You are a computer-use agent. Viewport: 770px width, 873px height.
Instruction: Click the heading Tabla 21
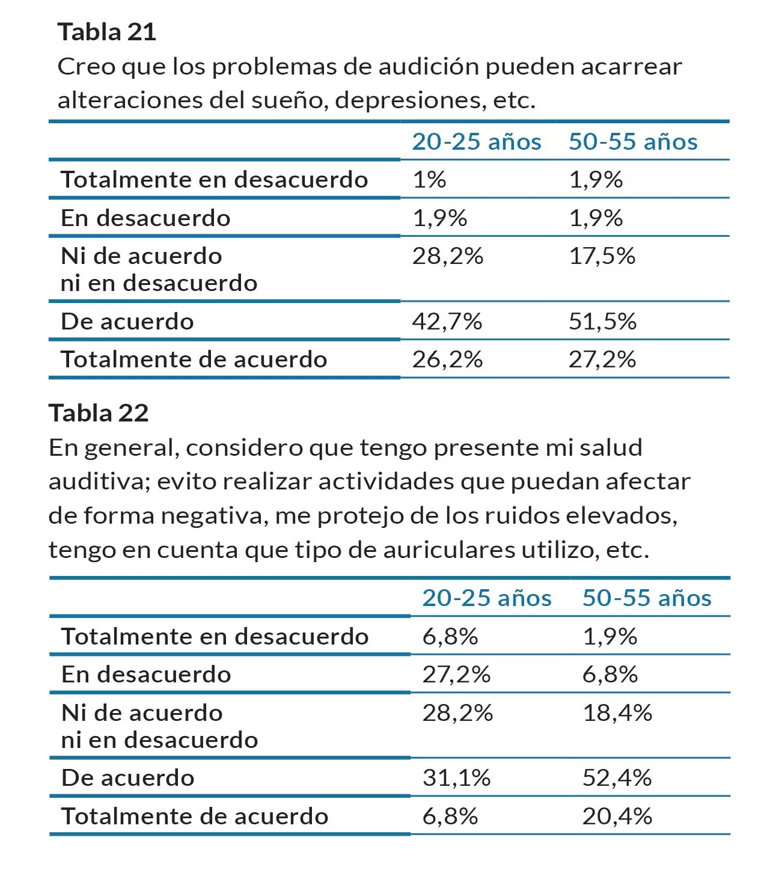coord(107,32)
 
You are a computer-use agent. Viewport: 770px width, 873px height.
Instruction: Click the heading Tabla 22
coord(99,413)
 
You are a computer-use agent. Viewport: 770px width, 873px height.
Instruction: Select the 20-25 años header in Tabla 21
coord(476,142)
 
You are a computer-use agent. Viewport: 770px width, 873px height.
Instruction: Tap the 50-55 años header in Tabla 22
coord(647,598)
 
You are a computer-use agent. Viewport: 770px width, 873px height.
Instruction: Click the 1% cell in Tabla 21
coord(429,180)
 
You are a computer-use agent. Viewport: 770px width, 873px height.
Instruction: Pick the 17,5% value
coord(602,256)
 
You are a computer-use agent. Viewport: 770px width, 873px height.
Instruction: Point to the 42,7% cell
coord(447,322)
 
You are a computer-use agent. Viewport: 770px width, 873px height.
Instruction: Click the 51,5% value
coord(602,322)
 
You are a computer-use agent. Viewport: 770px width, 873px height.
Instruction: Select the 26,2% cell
coord(447,360)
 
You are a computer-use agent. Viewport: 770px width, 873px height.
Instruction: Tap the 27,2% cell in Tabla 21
coord(602,360)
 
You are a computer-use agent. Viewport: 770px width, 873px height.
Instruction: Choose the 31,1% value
coord(456,778)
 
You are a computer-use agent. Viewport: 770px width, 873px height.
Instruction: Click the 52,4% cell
coord(617,778)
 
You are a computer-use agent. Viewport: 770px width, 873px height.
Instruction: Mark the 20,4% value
coord(617,816)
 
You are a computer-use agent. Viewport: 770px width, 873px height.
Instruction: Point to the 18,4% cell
coord(617,713)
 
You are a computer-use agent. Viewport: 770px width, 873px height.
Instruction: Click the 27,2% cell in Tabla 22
coord(456,675)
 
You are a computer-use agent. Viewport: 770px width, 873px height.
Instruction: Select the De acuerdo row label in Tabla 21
coord(127,322)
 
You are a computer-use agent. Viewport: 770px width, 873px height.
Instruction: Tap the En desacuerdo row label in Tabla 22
coord(146,675)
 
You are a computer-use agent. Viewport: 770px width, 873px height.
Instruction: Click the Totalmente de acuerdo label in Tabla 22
coord(195,816)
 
